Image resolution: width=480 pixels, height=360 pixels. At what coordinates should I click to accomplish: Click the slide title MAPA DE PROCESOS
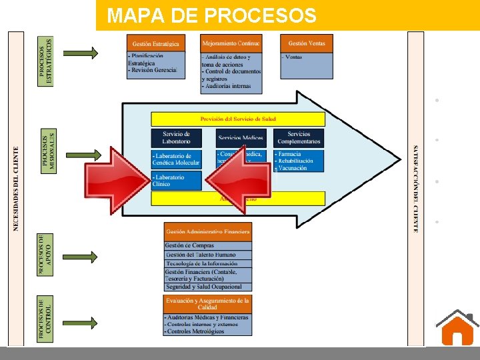[213, 15]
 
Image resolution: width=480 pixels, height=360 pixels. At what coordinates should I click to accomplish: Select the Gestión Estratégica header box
[155, 43]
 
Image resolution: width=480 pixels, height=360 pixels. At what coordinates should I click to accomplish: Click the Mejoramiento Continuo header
[231, 43]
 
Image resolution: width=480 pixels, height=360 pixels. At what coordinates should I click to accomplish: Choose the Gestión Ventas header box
[307, 43]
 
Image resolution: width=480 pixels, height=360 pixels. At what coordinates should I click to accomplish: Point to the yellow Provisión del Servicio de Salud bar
[238, 119]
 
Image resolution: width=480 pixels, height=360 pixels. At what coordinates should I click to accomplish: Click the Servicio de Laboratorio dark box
[176, 137]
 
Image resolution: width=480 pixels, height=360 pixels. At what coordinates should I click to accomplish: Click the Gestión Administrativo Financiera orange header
[207, 231]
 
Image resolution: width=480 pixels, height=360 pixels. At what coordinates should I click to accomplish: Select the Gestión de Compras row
[207, 246]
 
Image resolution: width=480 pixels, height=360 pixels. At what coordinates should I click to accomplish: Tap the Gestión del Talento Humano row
[207, 255]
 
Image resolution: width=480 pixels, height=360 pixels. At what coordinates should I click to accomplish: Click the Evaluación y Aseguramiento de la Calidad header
[207, 303]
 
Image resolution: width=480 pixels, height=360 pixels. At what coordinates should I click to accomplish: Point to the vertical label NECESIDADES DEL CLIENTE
[16, 189]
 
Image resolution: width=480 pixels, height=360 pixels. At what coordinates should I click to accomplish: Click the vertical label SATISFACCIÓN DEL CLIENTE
[415, 189]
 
